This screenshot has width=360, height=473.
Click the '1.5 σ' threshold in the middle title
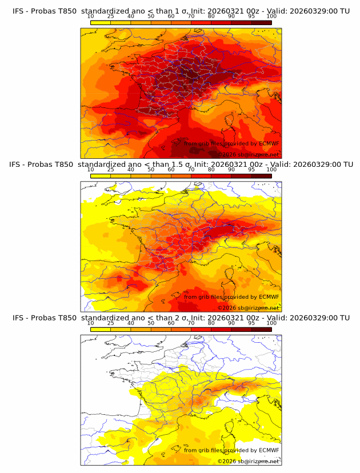pos(187,165)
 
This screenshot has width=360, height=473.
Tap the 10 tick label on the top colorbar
pos(90,17)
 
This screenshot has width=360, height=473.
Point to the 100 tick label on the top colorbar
pos(271,17)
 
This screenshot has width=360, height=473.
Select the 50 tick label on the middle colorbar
pos(151,170)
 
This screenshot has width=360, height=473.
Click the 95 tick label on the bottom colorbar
pos(251,323)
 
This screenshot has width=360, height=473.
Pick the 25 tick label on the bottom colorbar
pos(110,323)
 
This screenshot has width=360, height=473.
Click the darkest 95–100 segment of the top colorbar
pos(262,22)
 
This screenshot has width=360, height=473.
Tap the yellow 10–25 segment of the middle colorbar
pos(101,176)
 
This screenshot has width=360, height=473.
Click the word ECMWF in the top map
pos(269,144)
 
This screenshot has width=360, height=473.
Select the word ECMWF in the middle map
pos(269,297)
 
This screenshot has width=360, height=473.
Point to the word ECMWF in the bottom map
pos(269,450)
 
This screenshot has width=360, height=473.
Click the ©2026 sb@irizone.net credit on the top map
pos(249,154)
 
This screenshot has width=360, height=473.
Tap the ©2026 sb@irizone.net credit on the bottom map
pos(249,461)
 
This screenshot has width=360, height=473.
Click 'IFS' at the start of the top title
pos(19,11)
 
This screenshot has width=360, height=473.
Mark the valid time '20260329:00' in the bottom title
pos(316,318)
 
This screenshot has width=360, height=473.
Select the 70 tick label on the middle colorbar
pos(191,170)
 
